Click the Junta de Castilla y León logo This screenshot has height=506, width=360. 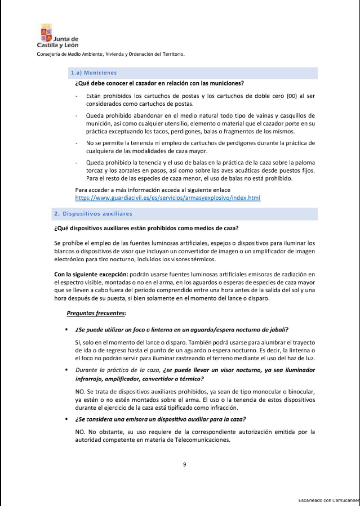click(57, 36)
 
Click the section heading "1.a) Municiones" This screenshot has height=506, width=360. click(94, 73)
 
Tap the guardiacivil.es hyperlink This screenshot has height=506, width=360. click(167, 198)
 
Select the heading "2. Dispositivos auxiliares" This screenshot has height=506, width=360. click(93, 214)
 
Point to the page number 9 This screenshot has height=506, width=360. click(184, 464)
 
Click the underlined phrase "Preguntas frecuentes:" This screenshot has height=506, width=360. click(96, 313)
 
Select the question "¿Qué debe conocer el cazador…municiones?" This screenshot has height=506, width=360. click(159, 83)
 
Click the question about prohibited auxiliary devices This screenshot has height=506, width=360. click(146, 228)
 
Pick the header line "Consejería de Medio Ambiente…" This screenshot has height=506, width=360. click(110, 54)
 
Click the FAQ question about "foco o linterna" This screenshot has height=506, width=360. click(185, 329)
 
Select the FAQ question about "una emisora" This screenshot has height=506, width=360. click(160, 419)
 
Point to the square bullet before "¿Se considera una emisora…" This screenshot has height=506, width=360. click(66, 419)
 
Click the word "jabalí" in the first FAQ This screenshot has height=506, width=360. click(286, 329)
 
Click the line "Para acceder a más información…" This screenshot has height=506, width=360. click(153, 190)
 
